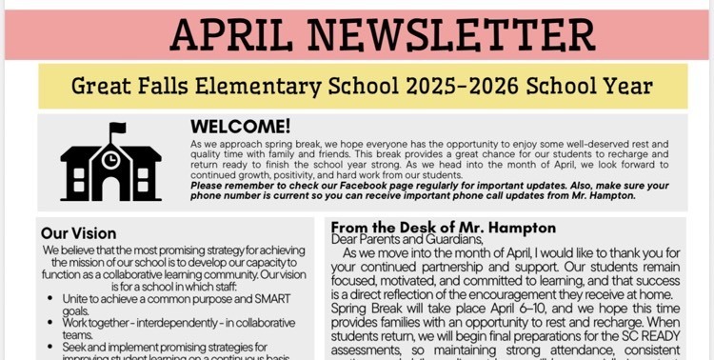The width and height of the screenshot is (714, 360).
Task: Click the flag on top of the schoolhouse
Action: (x=117, y=128)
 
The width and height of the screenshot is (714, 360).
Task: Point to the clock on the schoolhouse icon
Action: (x=111, y=157)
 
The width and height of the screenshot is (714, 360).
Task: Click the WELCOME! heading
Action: (x=241, y=126)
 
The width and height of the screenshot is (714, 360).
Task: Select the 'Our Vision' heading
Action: (x=78, y=233)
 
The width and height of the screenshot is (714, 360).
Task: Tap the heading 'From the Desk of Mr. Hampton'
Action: (x=443, y=228)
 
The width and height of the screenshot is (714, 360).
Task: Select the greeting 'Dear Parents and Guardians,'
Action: (x=407, y=240)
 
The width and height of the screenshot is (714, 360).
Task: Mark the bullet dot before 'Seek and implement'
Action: (x=49, y=347)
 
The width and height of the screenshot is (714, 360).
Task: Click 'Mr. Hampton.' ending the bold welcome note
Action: (x=604, y=195)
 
